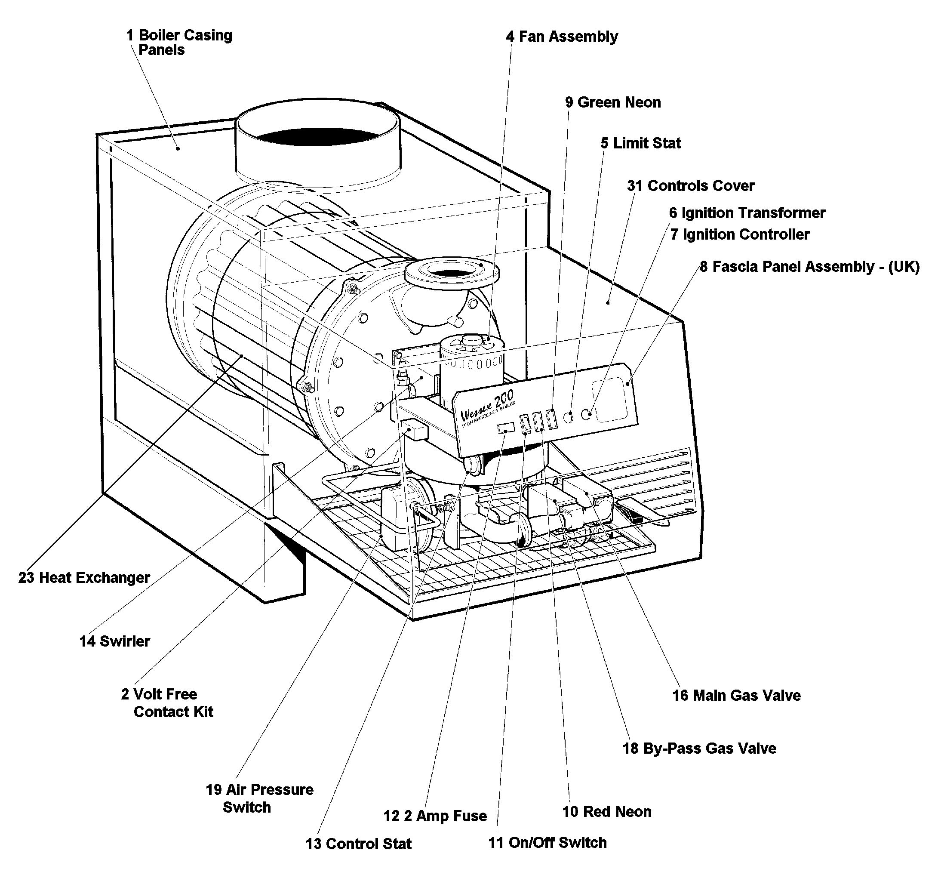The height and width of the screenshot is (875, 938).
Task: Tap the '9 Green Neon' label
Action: tap(613, 102)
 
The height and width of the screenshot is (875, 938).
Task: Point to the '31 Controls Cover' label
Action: tap(690, 186)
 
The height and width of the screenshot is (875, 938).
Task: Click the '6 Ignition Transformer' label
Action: tap(747, 213)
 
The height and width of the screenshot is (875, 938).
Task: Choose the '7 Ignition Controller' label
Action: tap(740, 234)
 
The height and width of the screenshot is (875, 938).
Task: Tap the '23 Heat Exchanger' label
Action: tap(84, 578)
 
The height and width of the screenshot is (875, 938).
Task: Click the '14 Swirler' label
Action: tap(115, 641)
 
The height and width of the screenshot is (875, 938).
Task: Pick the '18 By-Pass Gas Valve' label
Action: tap(699, 749)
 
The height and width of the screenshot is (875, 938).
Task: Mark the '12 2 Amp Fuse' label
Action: tap(435, 816)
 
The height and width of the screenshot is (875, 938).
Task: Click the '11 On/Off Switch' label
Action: tap(547, 843)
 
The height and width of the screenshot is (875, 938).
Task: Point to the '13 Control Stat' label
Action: tap(358, 844)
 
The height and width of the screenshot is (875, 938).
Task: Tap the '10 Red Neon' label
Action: tap(606, 812)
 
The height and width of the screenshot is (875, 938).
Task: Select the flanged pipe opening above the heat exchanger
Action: tap(452, 273)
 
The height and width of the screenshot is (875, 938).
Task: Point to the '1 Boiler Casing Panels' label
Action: tap(179, 43)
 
